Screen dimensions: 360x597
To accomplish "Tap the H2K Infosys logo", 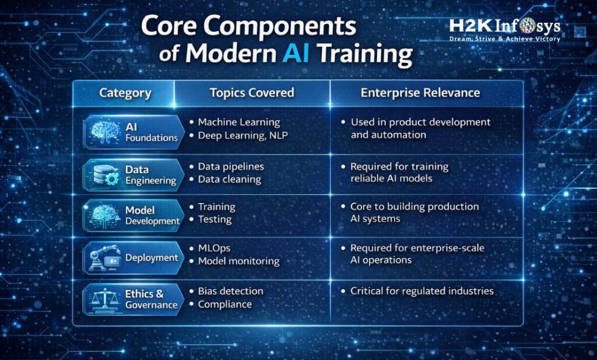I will point(504,26).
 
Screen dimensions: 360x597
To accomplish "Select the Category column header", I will point(125,93).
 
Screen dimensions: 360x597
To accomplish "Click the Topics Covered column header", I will point(252,93).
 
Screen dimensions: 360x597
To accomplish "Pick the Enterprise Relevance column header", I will point(420,93).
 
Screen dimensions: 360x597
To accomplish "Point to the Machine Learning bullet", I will point(239,122).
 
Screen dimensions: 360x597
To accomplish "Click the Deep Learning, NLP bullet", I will point(242,135).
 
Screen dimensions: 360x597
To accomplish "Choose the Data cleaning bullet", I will point(229,179).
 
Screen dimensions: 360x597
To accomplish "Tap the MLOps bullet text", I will point(214,248).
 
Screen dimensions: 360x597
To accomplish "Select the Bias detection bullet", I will point(230,291).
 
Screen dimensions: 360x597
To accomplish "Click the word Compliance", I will point(224,304).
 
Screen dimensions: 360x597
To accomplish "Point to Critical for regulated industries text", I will point(422,291).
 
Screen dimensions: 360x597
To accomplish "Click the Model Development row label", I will point(152,215).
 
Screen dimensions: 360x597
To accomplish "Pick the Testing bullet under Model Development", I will point(215,219).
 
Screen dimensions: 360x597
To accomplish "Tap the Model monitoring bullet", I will point(238,261).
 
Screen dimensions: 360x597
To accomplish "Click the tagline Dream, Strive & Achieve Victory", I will point(504,39).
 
